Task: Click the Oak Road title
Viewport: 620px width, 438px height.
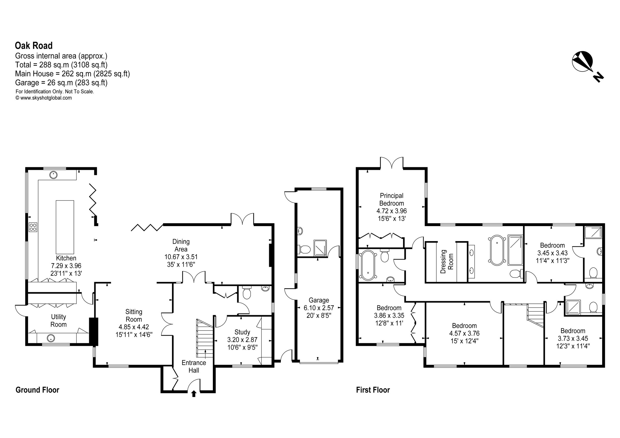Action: [x=34, y=46]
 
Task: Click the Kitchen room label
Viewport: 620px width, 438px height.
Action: [x=66, y=258]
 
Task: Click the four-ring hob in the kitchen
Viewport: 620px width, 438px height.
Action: [x=33, y=227]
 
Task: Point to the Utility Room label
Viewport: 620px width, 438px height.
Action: [x=58, y=320]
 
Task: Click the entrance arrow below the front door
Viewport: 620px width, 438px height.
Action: [x=193, y=394]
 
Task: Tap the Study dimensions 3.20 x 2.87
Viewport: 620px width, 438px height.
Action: [x=242, y=340]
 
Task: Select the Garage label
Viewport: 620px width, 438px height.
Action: [x=319, y=300]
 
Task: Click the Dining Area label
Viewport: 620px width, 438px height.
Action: [x=181, y=245]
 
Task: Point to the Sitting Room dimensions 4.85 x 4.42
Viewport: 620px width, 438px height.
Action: [x=134, y=327]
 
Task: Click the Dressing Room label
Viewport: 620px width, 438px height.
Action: [x=447, y=261]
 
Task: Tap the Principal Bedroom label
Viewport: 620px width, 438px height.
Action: [x=392, y=199]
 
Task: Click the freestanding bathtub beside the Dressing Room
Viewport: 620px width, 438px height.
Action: [x=497, y=250]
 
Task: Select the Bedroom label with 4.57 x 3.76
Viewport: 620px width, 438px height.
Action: [x=464, y=325]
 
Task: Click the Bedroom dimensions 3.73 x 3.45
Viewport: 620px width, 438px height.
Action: [x=573, y=338]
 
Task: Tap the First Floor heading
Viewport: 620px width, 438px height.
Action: [x=373, y=390]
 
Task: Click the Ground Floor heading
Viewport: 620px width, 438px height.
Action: [x=37, y=390]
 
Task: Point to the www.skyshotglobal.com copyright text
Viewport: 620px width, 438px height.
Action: [x=44, y=98]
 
